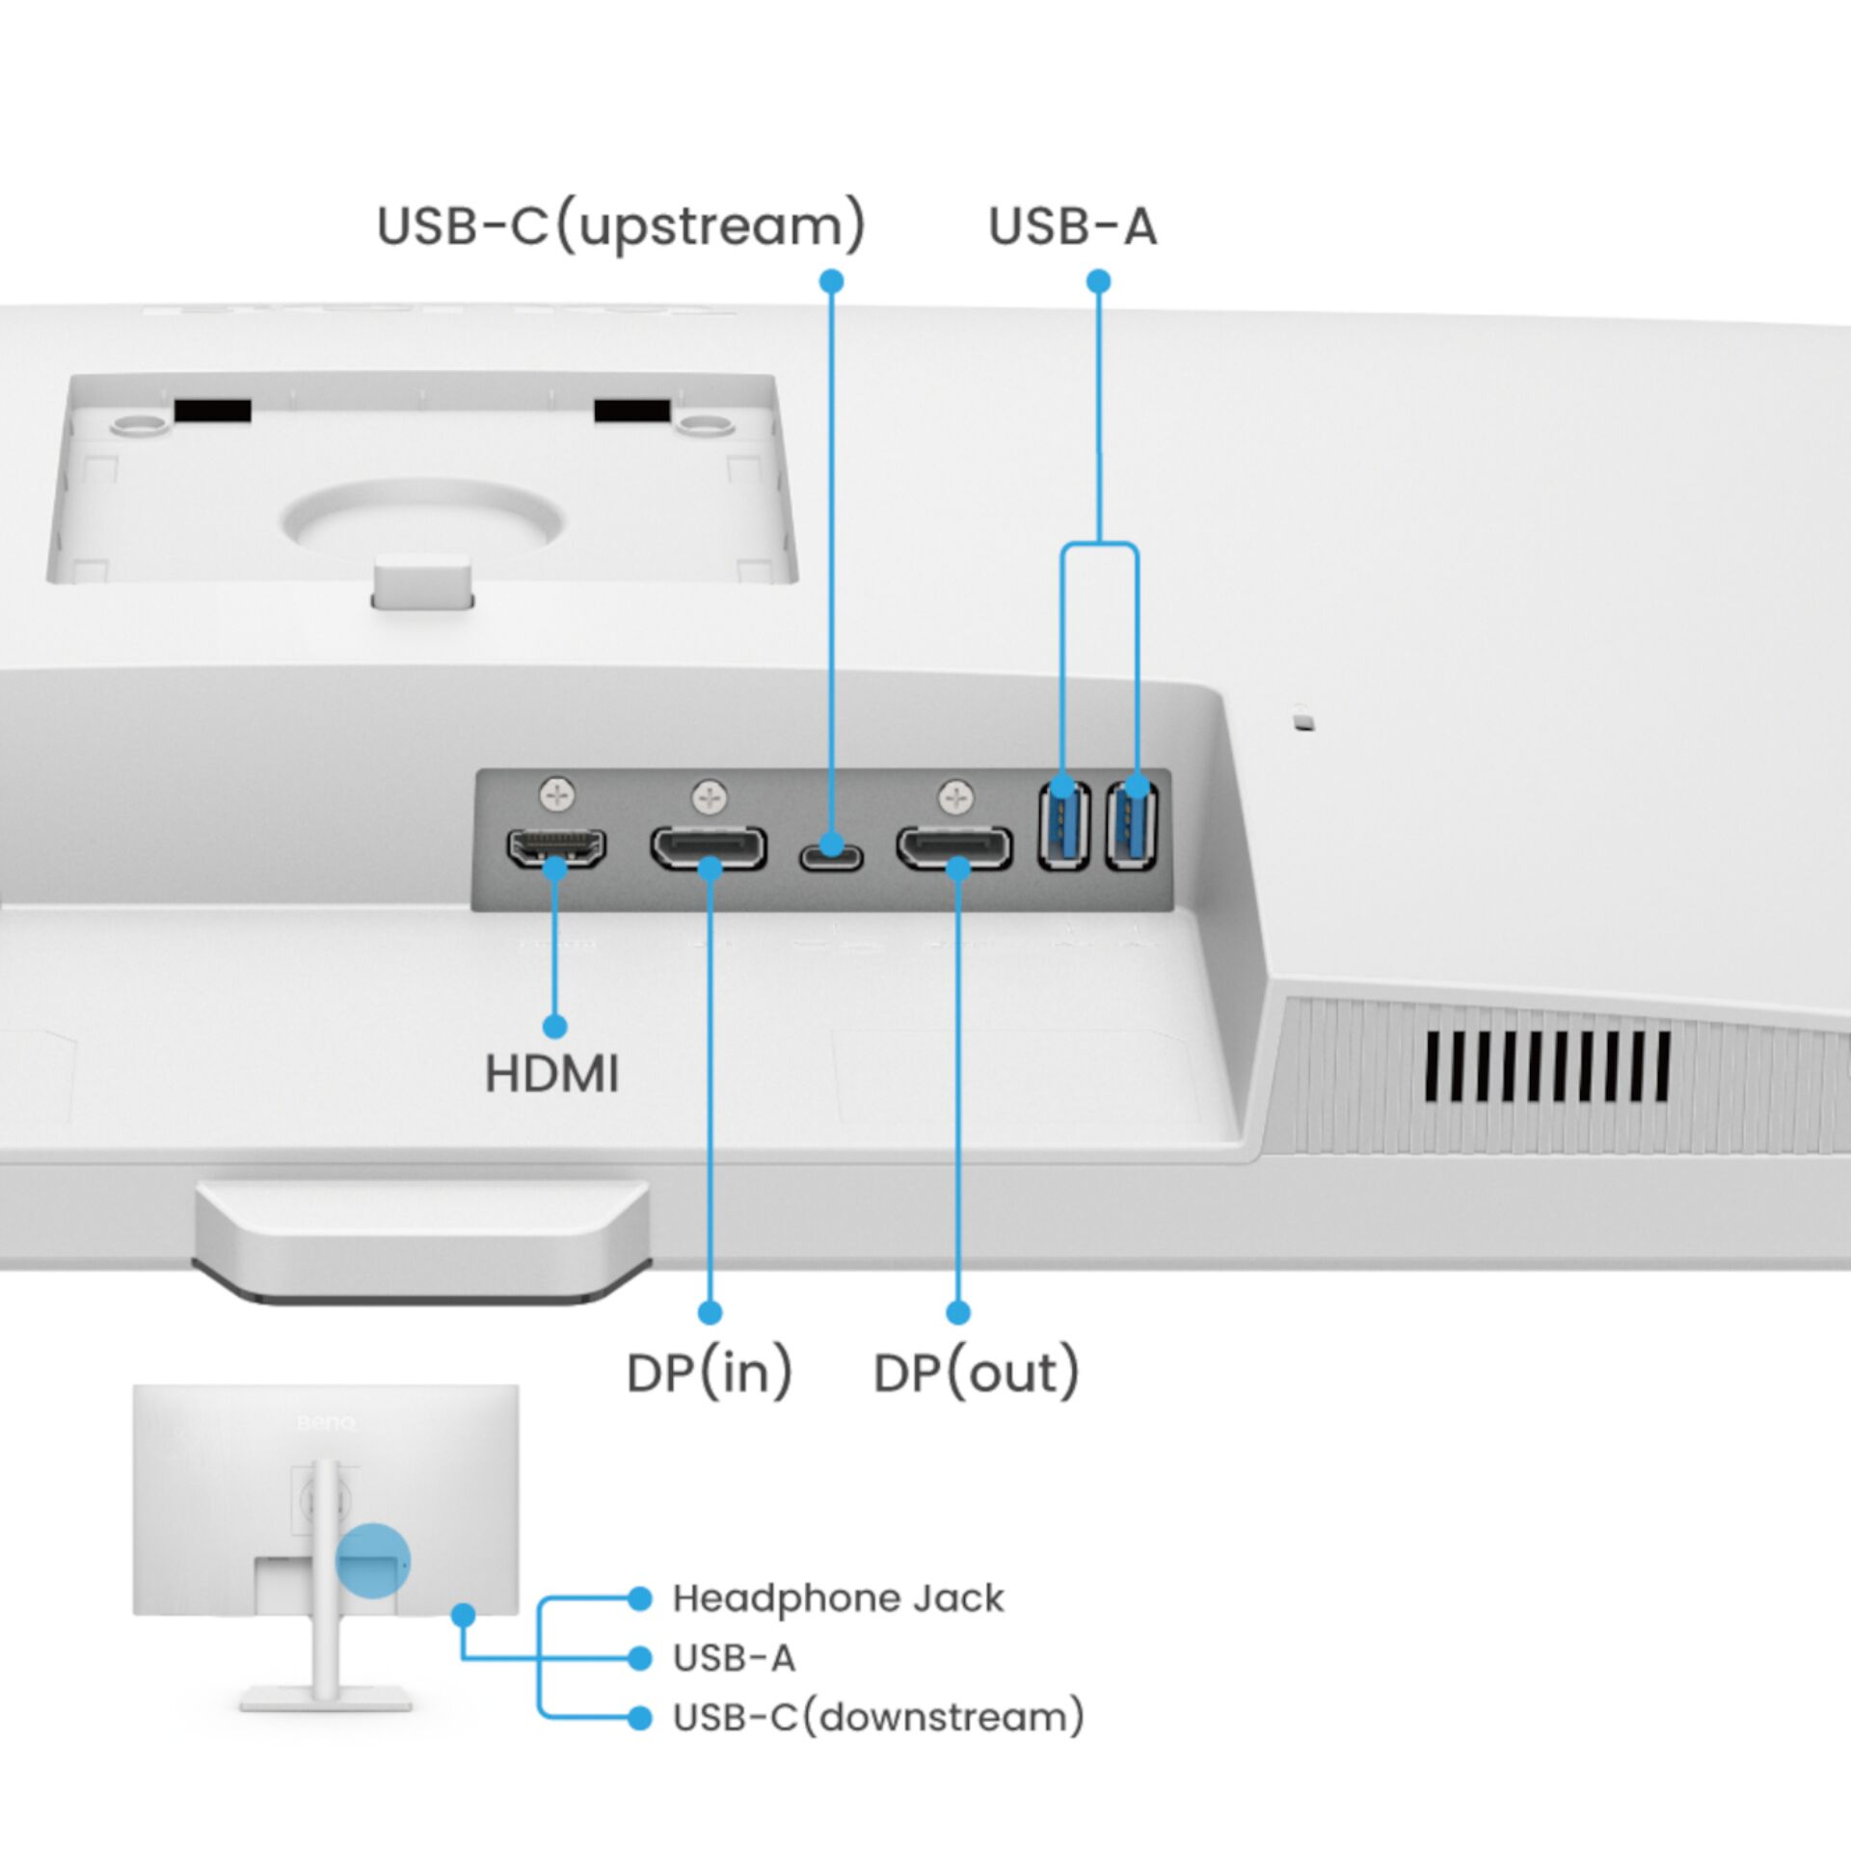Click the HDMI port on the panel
556,848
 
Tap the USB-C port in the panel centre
830,856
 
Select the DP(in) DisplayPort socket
709,848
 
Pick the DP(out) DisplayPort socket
954,848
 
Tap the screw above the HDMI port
557,795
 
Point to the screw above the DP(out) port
955,797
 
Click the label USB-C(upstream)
621,227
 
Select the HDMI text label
551,1074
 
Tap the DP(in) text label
709,1373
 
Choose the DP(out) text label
976,1373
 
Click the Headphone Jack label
837,1598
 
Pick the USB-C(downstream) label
877,1717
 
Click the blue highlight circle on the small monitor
372,1560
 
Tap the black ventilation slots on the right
1546,1066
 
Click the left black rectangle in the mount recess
212,411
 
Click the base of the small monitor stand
326,1698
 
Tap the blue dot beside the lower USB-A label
639,1658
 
